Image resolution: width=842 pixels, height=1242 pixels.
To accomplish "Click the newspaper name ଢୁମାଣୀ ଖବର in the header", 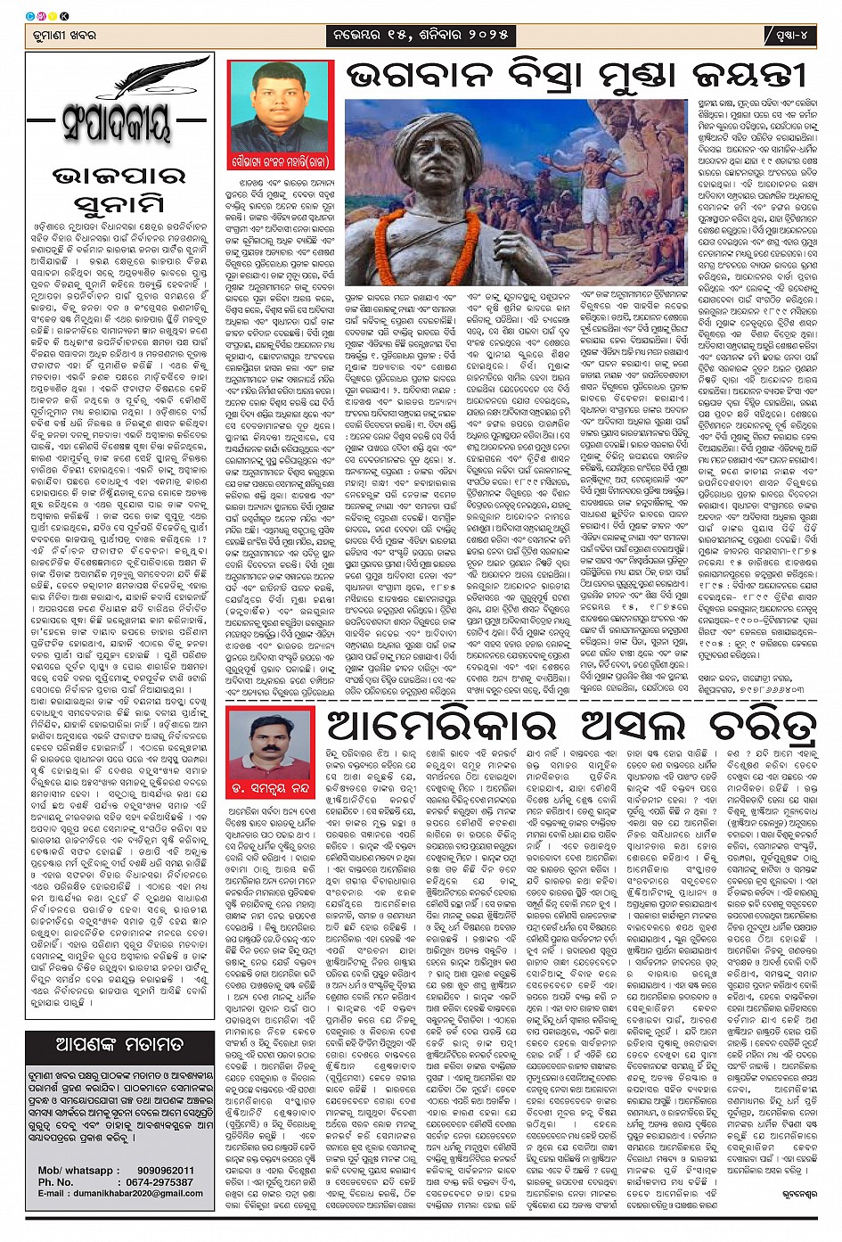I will point(62,36).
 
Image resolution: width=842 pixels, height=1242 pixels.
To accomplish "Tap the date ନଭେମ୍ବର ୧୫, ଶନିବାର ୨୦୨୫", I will point(421,36).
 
